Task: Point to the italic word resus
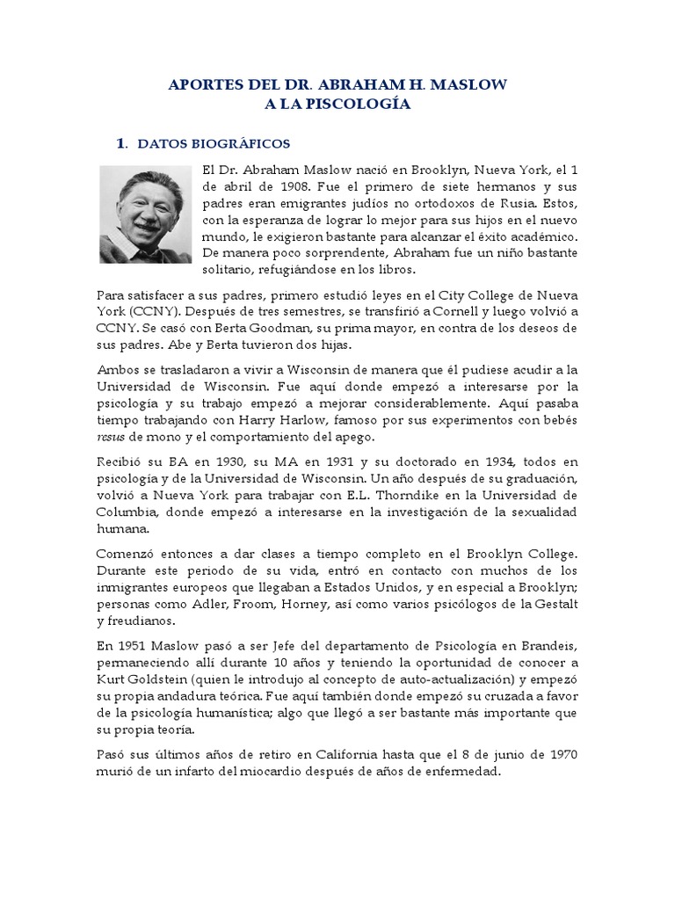click(x=111, y=438)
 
